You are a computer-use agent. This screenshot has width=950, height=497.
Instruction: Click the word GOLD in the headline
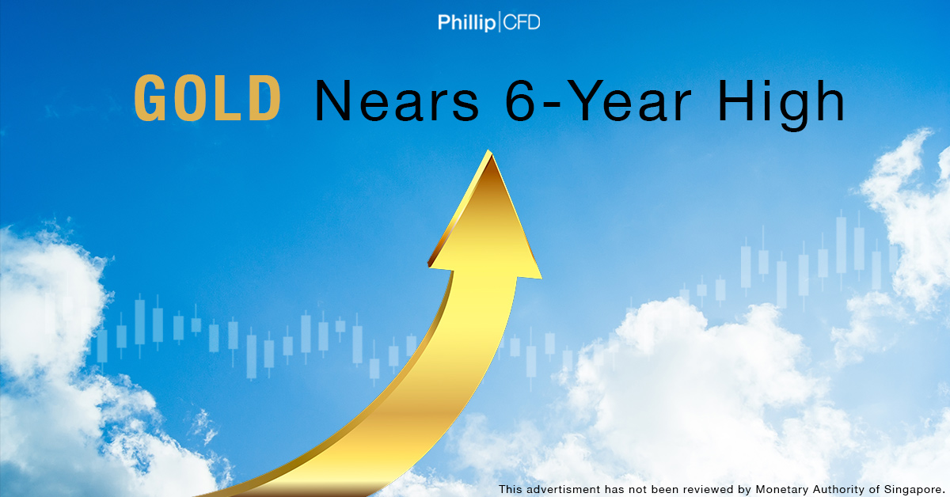pos(207,98)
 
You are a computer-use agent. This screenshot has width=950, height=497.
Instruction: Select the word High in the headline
pos(781,104)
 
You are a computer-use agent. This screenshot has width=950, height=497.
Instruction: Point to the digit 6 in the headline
pos(521,101)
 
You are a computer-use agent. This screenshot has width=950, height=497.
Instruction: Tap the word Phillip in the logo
pos(466,23)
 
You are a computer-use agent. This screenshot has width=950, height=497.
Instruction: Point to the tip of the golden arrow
pos(489,150)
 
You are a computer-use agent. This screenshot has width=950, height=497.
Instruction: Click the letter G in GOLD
pos(150,98)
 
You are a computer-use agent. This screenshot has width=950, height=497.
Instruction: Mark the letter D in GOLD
pos(265,98)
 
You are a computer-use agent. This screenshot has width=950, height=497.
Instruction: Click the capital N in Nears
pos(332,101)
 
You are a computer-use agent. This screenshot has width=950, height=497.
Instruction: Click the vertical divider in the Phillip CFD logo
pos(500,22)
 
